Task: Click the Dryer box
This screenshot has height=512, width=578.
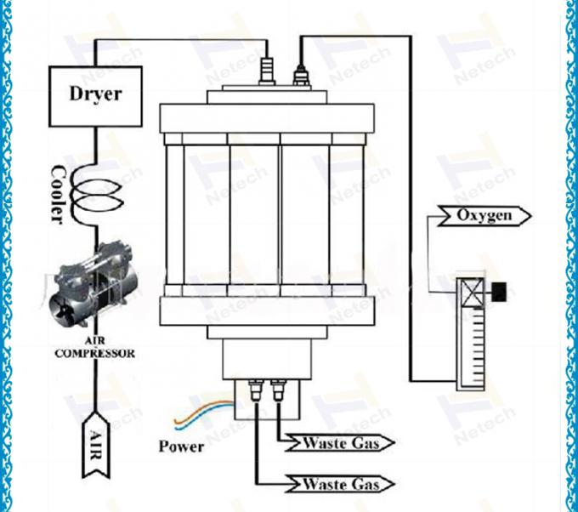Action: pos(93,93)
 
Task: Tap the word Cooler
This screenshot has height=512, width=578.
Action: pos(58,194)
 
